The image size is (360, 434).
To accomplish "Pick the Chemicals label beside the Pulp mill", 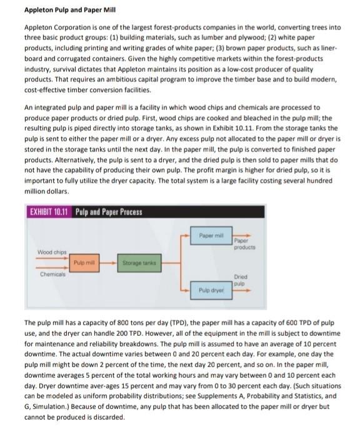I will [52, 275].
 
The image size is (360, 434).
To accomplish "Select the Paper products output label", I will [242, 243].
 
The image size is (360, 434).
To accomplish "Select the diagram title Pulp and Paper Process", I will [109, 211].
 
